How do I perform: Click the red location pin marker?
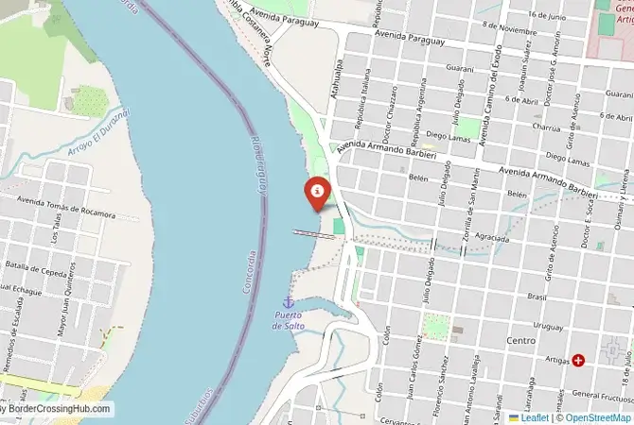[x=317, y=192]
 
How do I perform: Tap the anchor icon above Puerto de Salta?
[x=288, y=300]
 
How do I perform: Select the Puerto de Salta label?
[x=288, y=319]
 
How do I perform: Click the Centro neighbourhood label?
[x=520, y=339]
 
